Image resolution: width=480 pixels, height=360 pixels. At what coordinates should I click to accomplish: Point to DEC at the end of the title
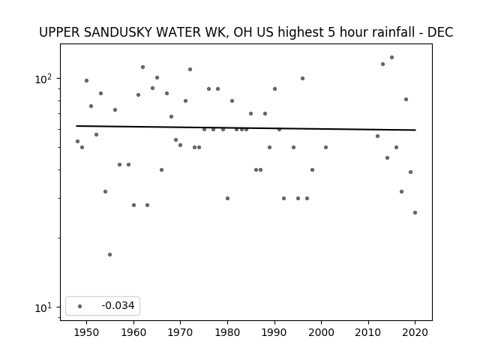coord(440,32)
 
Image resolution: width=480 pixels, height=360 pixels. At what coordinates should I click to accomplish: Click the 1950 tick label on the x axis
coord(87,332)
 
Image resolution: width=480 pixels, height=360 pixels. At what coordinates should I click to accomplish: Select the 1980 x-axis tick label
coord(227,332)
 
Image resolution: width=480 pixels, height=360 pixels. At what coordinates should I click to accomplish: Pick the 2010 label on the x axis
coord(368,332)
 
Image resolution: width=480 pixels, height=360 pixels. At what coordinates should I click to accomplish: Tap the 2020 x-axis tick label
coord(415,332)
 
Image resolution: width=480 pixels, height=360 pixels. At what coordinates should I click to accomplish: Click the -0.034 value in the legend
coord(118,305)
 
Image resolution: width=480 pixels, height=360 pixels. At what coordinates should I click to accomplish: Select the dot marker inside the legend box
coord(79,306)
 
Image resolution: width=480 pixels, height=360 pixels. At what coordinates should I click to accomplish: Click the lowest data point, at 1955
coord(110,255)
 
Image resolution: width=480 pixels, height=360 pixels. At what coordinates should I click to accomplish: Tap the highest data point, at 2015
coord(391,57)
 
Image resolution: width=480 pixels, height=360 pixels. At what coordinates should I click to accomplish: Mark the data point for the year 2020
coord(415,212)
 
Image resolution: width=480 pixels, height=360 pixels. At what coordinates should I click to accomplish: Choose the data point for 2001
coord(325,147)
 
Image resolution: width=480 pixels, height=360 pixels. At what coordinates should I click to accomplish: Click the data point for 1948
coord(77,142)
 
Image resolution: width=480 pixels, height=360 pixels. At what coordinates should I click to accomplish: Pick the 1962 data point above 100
coord(142,67)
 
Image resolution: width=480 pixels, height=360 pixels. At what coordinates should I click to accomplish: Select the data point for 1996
coord(302,78)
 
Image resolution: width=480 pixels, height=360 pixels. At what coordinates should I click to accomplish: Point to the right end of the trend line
coord(415,130)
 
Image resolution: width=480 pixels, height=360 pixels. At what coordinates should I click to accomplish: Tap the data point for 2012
coord(377,136)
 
